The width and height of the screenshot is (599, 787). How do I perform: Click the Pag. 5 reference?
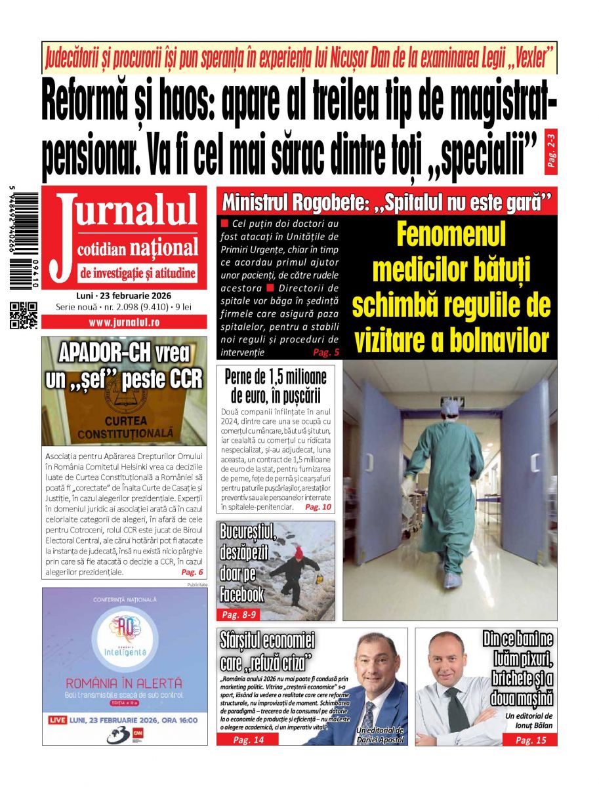tap(326, 352)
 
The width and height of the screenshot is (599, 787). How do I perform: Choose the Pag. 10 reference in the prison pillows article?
tap(319, 507)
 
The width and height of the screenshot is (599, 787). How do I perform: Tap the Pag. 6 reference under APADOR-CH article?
tap(192, 572)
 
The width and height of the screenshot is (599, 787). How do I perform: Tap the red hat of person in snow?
tap(299, 552)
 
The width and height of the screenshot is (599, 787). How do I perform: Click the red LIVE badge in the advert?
tap(58, 720)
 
